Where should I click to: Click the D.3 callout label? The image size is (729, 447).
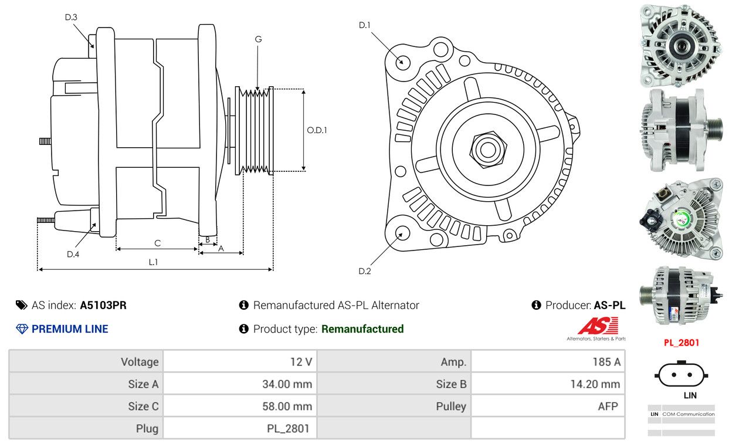(71, 17)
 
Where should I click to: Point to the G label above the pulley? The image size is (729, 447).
(258, 39)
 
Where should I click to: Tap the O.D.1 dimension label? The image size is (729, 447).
(317, 130)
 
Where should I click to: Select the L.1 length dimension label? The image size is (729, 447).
(153, 262)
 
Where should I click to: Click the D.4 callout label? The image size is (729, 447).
(73, 254)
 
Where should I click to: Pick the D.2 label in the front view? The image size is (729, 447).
(365, 271)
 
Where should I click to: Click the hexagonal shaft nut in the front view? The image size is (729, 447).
(488, 150)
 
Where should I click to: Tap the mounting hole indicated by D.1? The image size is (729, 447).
(402, 62)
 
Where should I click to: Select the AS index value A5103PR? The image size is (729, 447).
(103, 305)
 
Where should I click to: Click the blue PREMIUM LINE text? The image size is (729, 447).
(70, 329)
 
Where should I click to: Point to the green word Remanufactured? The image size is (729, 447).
(362, 329)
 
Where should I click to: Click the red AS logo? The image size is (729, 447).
(598, 326)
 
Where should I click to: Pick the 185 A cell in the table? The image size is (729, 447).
(548, 361)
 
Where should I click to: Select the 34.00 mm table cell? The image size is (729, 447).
(240, 384)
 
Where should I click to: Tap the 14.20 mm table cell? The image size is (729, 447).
(548, 384)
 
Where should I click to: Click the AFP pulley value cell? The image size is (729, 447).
(548, 407)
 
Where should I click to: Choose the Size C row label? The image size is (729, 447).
(143, 407)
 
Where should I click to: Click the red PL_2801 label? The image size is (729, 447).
(681, 343)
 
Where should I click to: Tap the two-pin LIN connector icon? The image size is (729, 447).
(681, 374)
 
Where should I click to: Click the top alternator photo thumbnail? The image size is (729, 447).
(681, 46)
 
